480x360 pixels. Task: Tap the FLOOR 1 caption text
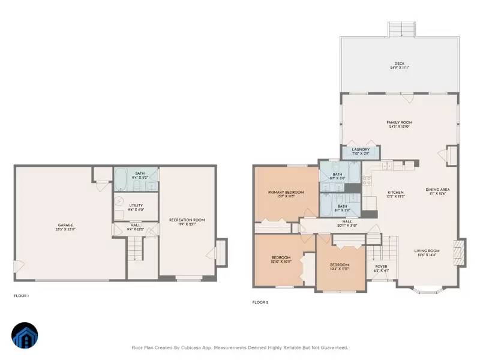pyautogui.click(x=21, y=296)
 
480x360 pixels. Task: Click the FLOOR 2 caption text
pyautogui.click(x=260, y=302)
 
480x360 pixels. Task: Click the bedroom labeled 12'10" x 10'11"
pyautogui.click(x=281, y=259)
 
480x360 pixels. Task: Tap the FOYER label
pyautogui.click(x=381, y=268)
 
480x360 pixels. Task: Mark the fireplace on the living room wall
pyautogui.click(x=460, y=252)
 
